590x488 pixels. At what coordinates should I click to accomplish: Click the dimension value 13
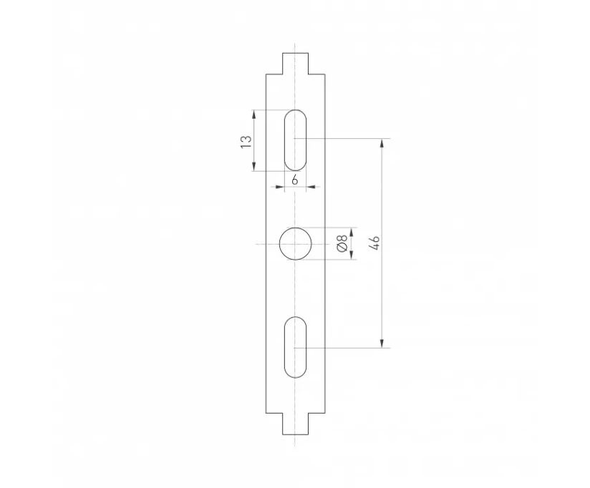coord(246,142)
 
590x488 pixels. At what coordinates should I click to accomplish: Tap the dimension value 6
coord(295,180)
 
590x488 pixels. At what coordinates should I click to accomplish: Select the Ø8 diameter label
coord(342,243)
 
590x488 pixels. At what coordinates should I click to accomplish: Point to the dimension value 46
coord(374,243)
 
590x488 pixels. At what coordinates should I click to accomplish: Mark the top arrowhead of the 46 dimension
coord(382,143)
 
